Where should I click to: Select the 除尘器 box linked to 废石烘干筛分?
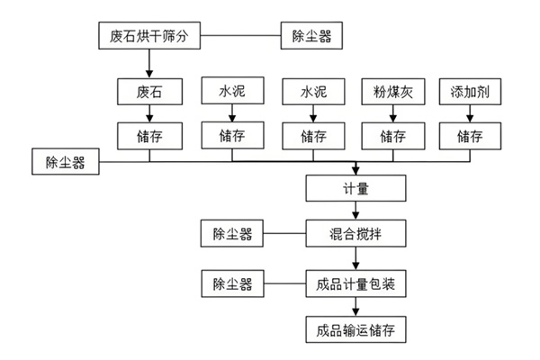tap(317, 38)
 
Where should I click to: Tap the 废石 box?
tap(149, 92)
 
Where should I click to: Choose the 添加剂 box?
tap(469, 92)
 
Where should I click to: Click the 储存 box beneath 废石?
tap(149, 137)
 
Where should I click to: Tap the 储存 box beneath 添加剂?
tap(469, 137)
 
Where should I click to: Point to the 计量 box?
tap(357, 189)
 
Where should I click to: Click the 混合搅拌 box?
tap(357, 236)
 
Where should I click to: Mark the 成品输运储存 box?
tap(357, 328)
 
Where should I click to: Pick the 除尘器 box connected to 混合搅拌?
tap(232, 236)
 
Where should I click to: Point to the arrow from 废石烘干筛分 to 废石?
tap(149, 65)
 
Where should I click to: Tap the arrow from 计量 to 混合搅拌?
tap(357, 211)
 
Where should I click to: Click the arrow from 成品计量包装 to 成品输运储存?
tap(357, 306)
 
